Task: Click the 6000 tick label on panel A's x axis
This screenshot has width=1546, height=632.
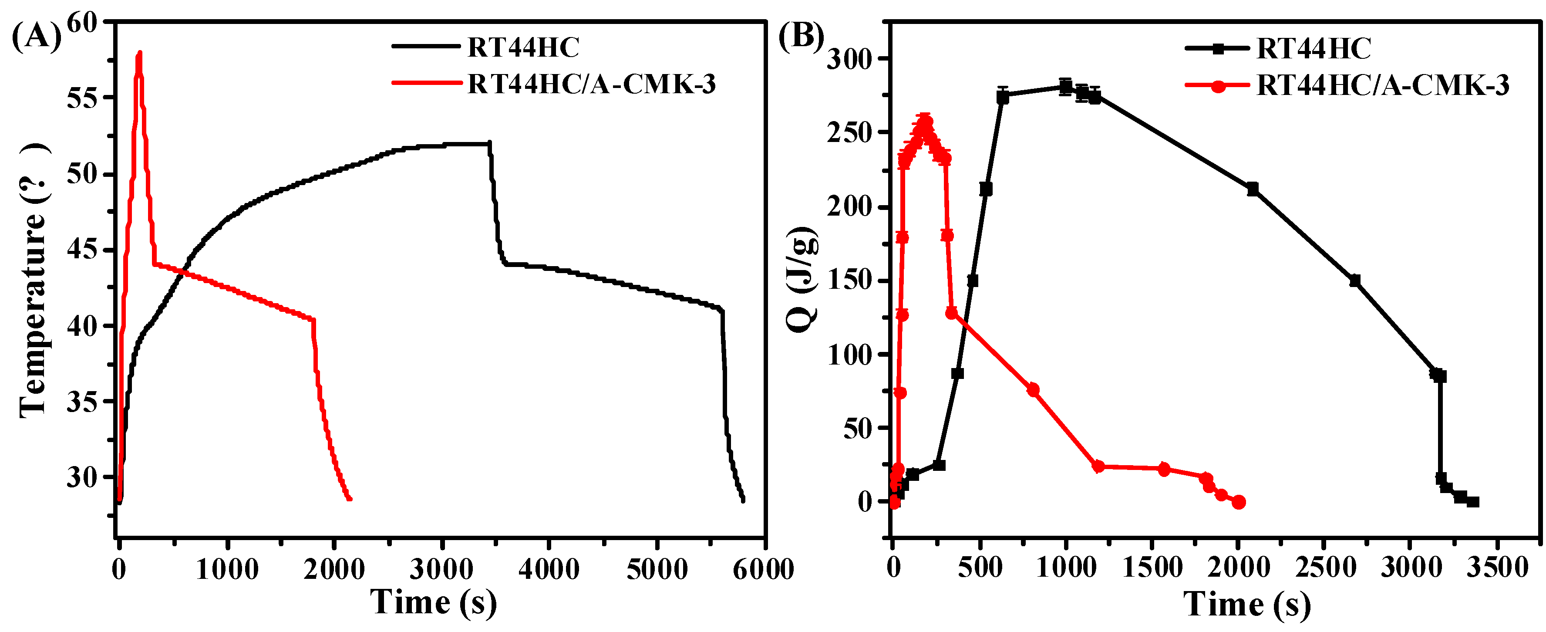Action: tap(763, 569)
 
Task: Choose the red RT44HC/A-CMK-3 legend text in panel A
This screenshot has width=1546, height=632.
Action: tap(592, 84)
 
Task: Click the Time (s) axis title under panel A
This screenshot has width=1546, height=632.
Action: tap(433, 602)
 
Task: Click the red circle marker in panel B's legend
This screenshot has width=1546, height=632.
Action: tap(1218, 86)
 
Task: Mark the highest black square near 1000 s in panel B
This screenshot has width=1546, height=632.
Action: tap(1065, 86)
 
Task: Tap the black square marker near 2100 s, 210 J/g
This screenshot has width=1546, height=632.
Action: tap(1253, 189)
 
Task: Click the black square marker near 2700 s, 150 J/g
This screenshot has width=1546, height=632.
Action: tap(1354, 281)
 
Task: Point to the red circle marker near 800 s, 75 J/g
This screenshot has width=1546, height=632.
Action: tap(1033, 389)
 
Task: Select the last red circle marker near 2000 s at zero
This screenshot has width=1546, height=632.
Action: tap(1239, 502)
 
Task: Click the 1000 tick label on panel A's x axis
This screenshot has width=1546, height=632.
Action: tap(227, 569)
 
